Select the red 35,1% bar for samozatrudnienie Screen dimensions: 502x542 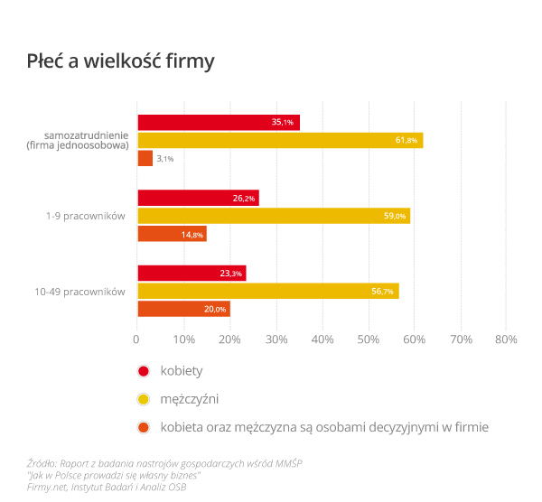pos(218,122)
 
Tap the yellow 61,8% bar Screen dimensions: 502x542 pos(280,140)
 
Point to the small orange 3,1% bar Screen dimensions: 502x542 pos(145,158)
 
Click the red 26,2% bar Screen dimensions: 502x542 pos(198,198)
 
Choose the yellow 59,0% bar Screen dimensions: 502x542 pos(274,216)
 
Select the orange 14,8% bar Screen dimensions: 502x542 pos(172,234)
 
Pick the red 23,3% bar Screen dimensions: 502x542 pos(192,273)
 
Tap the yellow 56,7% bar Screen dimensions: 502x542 pos(267,291)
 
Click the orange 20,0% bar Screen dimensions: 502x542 pos(183,309)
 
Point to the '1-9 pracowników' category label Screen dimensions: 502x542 pos(85,216)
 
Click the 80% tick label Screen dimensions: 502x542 pos(505,340)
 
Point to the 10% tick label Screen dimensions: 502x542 pos(183,340)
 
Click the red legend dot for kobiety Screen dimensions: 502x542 pos(143,371)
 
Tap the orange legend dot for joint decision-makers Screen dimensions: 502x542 pos(143,426)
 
